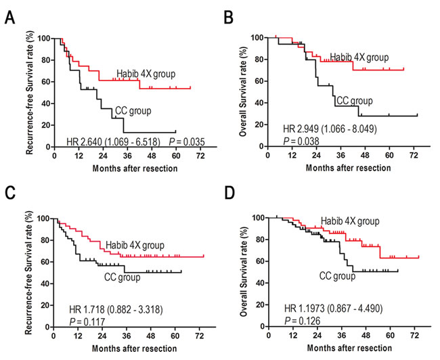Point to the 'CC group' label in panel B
pyautogui.click(x=354, y=101)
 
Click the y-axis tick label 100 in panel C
pyautogui.click(x=45, y=219)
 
